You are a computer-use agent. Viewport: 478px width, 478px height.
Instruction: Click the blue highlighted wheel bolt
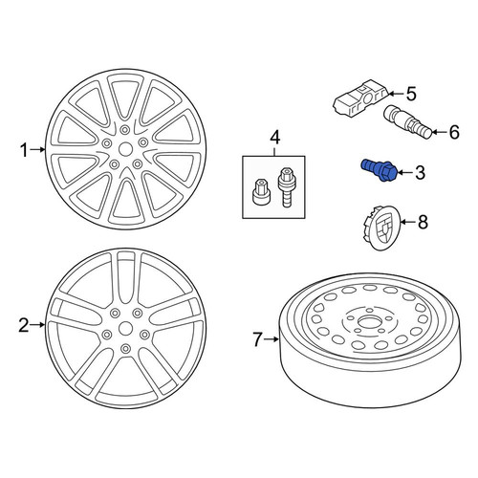(x=379, y=170)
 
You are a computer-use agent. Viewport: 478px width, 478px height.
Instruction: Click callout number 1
(x=25, y=150)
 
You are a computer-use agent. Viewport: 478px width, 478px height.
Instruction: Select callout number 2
(x=24, y=325)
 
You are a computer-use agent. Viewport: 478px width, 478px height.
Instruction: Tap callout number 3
(x=421, y=173)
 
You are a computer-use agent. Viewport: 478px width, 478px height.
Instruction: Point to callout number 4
(x=275, y=138)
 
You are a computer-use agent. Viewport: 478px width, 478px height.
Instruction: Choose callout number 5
(x=411, y=95)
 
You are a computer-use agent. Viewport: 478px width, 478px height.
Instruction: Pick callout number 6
(x=454, y=132)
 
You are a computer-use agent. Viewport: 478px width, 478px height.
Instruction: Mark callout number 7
(x=258, y=339)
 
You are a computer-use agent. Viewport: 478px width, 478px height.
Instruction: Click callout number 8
(x=423, y=222)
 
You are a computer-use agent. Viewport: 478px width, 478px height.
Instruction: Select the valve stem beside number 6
(x=408, y=123)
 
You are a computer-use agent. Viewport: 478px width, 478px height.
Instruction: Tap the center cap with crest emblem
(x=381, y=226)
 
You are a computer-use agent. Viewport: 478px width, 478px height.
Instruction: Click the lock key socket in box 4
(x=260, y=191)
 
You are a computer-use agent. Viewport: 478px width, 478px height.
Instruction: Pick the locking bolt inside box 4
(x=286, y=187)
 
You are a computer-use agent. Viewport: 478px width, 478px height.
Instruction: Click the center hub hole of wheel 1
(x=125, y=149)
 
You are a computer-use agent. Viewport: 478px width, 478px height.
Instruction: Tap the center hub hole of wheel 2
(x=126, y=328)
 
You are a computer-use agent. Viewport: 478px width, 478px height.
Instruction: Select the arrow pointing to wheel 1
(x=38, y=149)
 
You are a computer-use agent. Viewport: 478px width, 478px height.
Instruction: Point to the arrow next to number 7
(x=272, y=339)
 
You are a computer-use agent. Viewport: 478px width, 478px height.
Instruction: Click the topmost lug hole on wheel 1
(x=125, y=129)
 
